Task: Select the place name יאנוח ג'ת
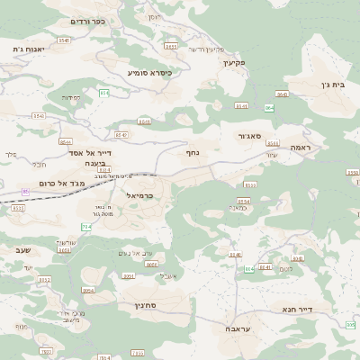click(x=31, y=49)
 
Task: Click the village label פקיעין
click(x=261, y=62)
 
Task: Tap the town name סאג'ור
click(x=249, y=136)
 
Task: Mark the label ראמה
click(x=300, y=147)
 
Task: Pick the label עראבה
click(x=238, y=329)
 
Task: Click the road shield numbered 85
click(x=25, y=191)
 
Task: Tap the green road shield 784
click(x=87, y=227)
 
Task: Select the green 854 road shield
click(x=269, y=108)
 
